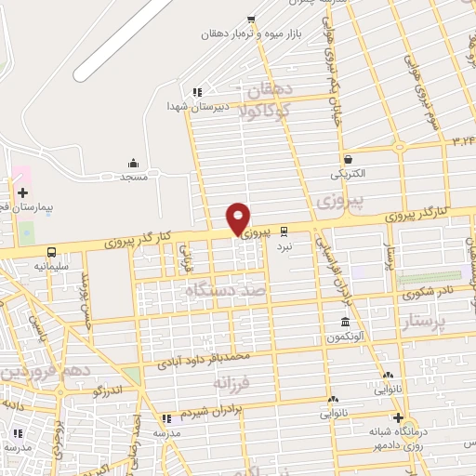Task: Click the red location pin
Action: (x=239, y=218)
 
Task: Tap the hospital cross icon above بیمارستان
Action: (x=22, y=192)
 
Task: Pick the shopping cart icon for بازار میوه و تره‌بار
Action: (x=251, y=20)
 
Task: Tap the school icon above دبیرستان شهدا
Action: (x=196, y=91)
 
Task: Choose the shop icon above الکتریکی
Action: (x=348, y=159)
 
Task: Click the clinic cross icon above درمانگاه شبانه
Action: (x=398, y=417)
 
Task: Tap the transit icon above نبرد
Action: (x=284, y=231)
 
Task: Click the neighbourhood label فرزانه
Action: (x=232, y=382)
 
